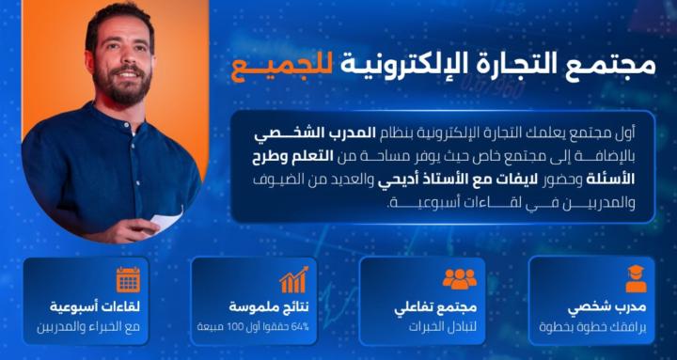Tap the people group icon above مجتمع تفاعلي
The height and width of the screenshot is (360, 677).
pos(460,279)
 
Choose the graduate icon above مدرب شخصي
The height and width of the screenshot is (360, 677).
pos(636,279)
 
